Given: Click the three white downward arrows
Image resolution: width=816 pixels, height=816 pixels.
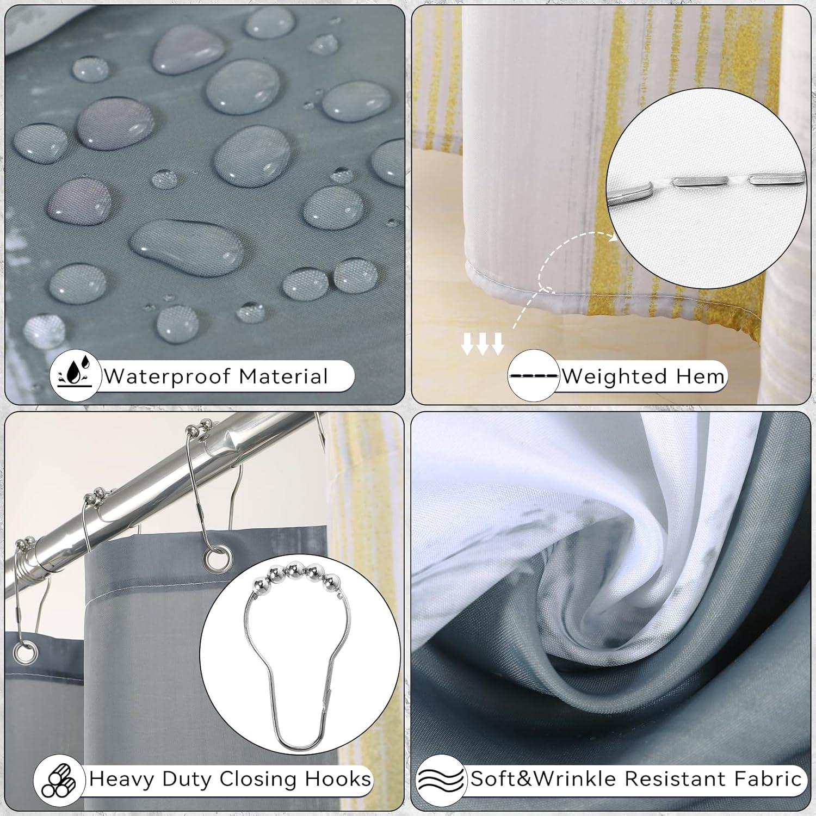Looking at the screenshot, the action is [x=483, y=345].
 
